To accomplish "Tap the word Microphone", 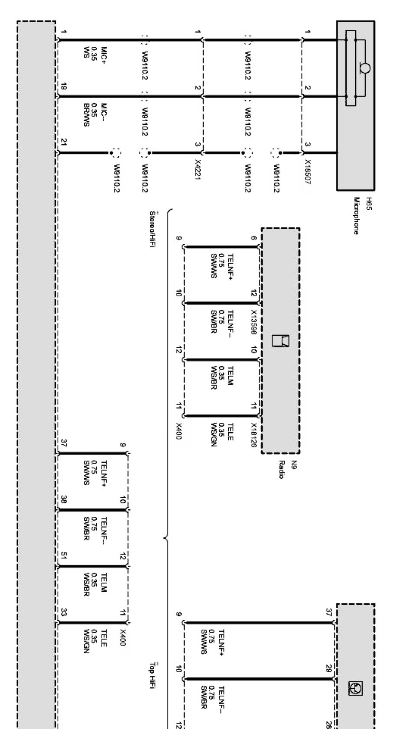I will click(357, 216).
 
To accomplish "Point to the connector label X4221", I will click(198, 169).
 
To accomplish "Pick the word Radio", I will click(281, 469).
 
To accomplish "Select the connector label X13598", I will click(254, 322).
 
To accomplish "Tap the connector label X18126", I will click(254, 435).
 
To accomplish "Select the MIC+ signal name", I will click(104, 55).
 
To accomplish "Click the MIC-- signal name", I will click(104, 112).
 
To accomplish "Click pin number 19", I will click(64, 87).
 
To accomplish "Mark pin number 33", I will click(64, 612).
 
